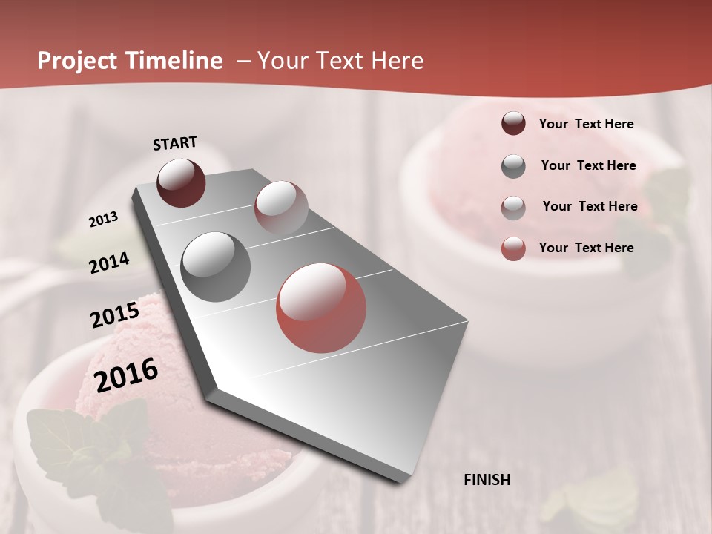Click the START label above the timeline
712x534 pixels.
[x=175, y=143]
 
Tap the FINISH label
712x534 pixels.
[x=487, y=480]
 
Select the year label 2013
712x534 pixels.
[x=103, y=220]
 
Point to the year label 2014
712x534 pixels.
[x=110, y=263]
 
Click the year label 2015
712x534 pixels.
[x=115, y=315]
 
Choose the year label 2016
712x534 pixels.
[x=127, y=375]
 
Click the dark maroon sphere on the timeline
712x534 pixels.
[x=181, y=182]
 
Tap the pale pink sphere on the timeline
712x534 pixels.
[x=281, y=207]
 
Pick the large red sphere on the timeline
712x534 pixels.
[x=321, y=308]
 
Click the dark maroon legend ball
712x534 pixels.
[x=513, y=124]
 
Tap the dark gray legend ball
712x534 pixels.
[x=513, y=166]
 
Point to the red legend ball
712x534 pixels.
[x=513, y=248]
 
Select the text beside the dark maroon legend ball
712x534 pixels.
[x=586, y=124]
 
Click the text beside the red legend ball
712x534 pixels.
[x=586, y=248]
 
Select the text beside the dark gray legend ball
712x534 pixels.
[x=588, y=165]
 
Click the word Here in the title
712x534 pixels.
[x=397, y=61]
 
